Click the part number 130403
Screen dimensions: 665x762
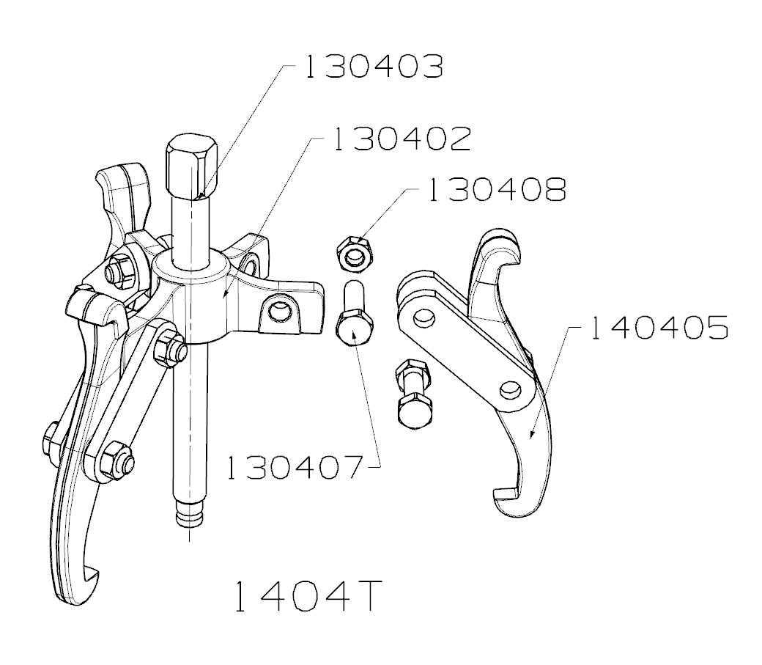click(373, 67)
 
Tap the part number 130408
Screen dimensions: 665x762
click(497, 190)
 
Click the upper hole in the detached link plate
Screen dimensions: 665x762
click(422, 318)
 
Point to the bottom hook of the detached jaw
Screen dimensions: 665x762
click(513, 501)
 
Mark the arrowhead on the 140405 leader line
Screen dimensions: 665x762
click(530, 436)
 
